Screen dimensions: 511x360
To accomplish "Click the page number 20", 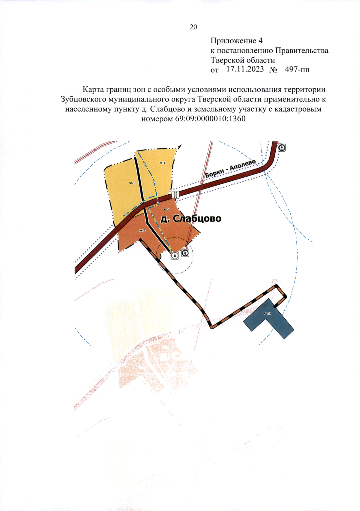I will point(193,27).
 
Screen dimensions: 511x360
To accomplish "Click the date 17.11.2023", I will point(245,69).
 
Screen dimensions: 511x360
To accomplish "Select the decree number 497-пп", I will point(297,69).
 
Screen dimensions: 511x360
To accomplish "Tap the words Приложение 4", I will point(236,41).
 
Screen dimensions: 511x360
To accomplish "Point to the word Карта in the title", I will point(93,89).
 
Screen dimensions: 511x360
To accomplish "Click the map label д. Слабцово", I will point(191,218).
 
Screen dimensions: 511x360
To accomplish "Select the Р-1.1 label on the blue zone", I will point(267,313).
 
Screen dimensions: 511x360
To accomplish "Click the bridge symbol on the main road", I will point(176,194).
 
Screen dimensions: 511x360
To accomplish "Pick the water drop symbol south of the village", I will point(175,255).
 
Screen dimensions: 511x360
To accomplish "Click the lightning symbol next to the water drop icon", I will point(185,253).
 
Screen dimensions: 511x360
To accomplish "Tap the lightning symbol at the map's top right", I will point(282,147).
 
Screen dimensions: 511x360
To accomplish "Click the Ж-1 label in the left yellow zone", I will point(132,183).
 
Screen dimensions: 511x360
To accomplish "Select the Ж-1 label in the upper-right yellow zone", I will point(162,163).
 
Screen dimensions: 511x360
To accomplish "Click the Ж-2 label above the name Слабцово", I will point(166,209).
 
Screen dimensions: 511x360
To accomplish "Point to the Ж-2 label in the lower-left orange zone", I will point(142,230).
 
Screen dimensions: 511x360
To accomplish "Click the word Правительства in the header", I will point(301,50).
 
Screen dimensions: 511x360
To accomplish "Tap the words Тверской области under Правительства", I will point(242,60).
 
